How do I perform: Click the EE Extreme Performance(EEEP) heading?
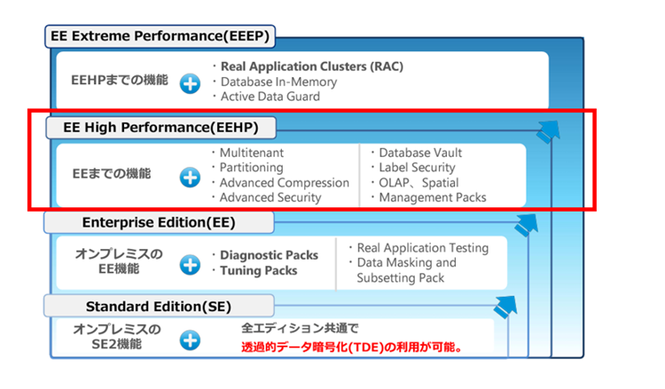161,36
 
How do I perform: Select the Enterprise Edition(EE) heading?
158,222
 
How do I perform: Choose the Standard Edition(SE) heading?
158,307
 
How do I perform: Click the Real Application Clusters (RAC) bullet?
300,66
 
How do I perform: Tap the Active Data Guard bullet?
270,96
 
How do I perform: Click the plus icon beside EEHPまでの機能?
190,84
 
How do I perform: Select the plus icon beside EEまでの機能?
190,176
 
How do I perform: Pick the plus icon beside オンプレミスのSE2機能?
190,339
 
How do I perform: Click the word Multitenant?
253,152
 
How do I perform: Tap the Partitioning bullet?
252,167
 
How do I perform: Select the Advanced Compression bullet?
284,183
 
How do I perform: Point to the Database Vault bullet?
420,152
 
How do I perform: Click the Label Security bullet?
417,167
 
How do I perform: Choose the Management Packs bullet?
432,198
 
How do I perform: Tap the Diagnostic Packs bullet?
269,255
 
